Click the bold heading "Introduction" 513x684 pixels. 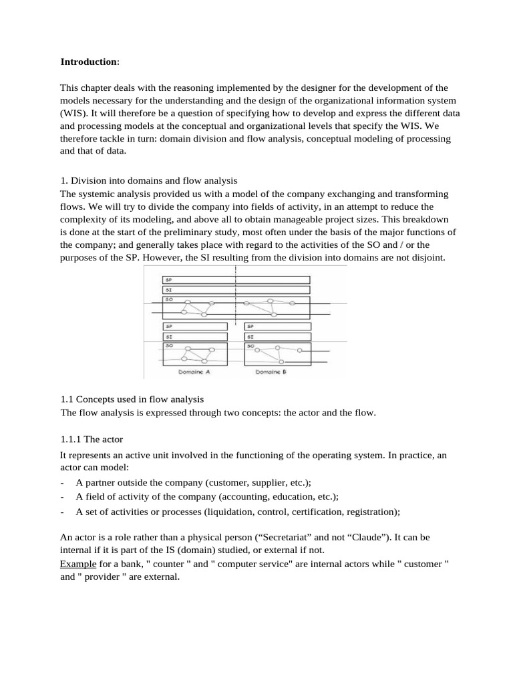pyautogui.click(x=89, y=61)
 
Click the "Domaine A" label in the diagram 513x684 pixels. pyautogui.click(x=194, y=371)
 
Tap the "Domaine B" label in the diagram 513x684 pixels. pyautogui.click(x=271, y=371)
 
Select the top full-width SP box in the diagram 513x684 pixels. pyautogui.click(x=236, y=280)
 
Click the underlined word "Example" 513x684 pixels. pyautogui.click(x=78, y=564)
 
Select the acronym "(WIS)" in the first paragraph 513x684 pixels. pyautogui.click(x=74, y=113)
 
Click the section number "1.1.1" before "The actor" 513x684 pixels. pyautogui.click(x=71, y=439)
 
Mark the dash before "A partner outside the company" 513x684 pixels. pyautogui.click(x=62, y=482)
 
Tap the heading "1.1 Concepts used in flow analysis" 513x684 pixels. pyautogui.click(x=132, y=399)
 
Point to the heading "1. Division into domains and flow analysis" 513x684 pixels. pyautogui.click(x=149, y=180)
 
